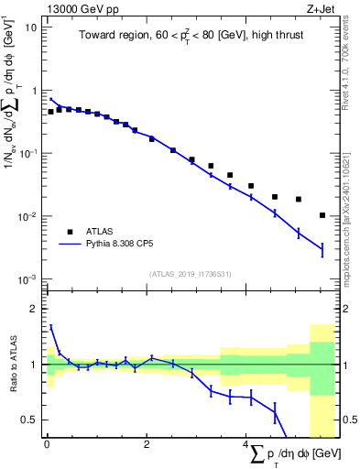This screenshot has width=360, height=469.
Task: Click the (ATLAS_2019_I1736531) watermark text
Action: (x=191, y=273)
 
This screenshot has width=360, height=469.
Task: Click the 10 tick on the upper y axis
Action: (x=30, y=27)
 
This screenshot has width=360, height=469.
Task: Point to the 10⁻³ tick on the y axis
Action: (x=27, y=278)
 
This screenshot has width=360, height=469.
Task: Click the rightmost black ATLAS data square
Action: (x=322, y=215)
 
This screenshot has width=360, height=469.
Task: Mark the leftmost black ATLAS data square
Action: (x=50, y=112)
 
